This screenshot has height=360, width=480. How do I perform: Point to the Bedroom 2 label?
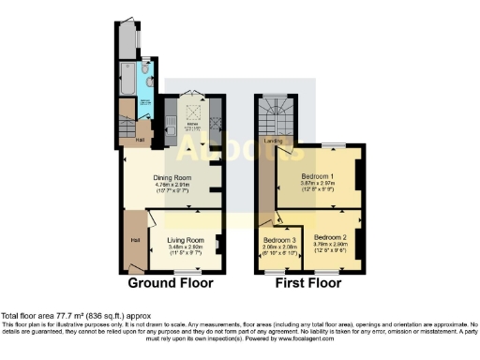(x=331, y=238)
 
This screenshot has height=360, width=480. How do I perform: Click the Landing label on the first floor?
(x=275, y=142)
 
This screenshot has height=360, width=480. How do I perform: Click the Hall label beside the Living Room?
(x=134, y=240)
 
